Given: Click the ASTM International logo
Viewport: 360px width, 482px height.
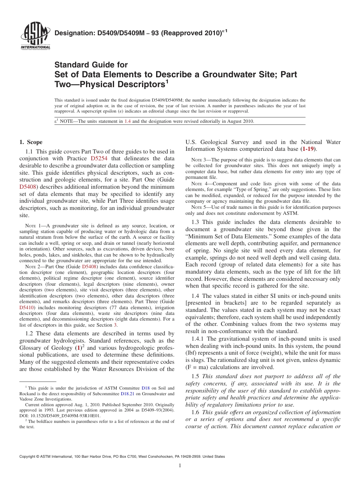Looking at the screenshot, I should pyautogui.click(x=35, y=37).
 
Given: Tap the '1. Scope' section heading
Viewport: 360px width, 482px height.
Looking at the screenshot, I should pyautogui.click(x=31, y=142).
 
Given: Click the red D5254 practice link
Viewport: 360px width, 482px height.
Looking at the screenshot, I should pyautogui.click(x=99, y=158).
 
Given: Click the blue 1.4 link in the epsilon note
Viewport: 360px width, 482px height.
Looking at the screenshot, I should pyautogui.click(x=128, y=121).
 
